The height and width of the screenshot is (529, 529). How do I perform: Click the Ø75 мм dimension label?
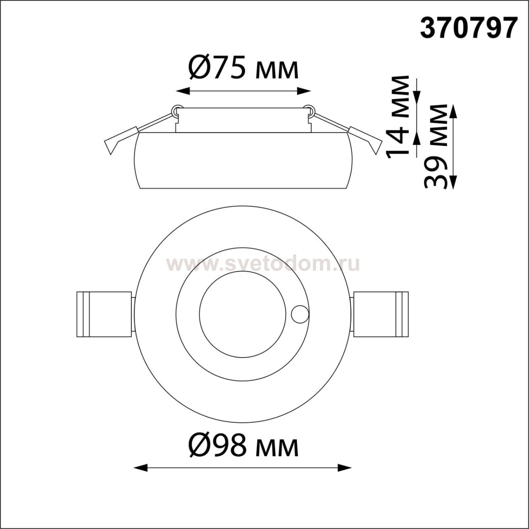tap(243, 67)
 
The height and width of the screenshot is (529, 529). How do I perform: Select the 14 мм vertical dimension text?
tap(397, 117)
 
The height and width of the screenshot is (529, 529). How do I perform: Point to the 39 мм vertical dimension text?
tap(436, 146)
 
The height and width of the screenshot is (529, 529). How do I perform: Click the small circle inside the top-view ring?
tap(300, 315)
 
